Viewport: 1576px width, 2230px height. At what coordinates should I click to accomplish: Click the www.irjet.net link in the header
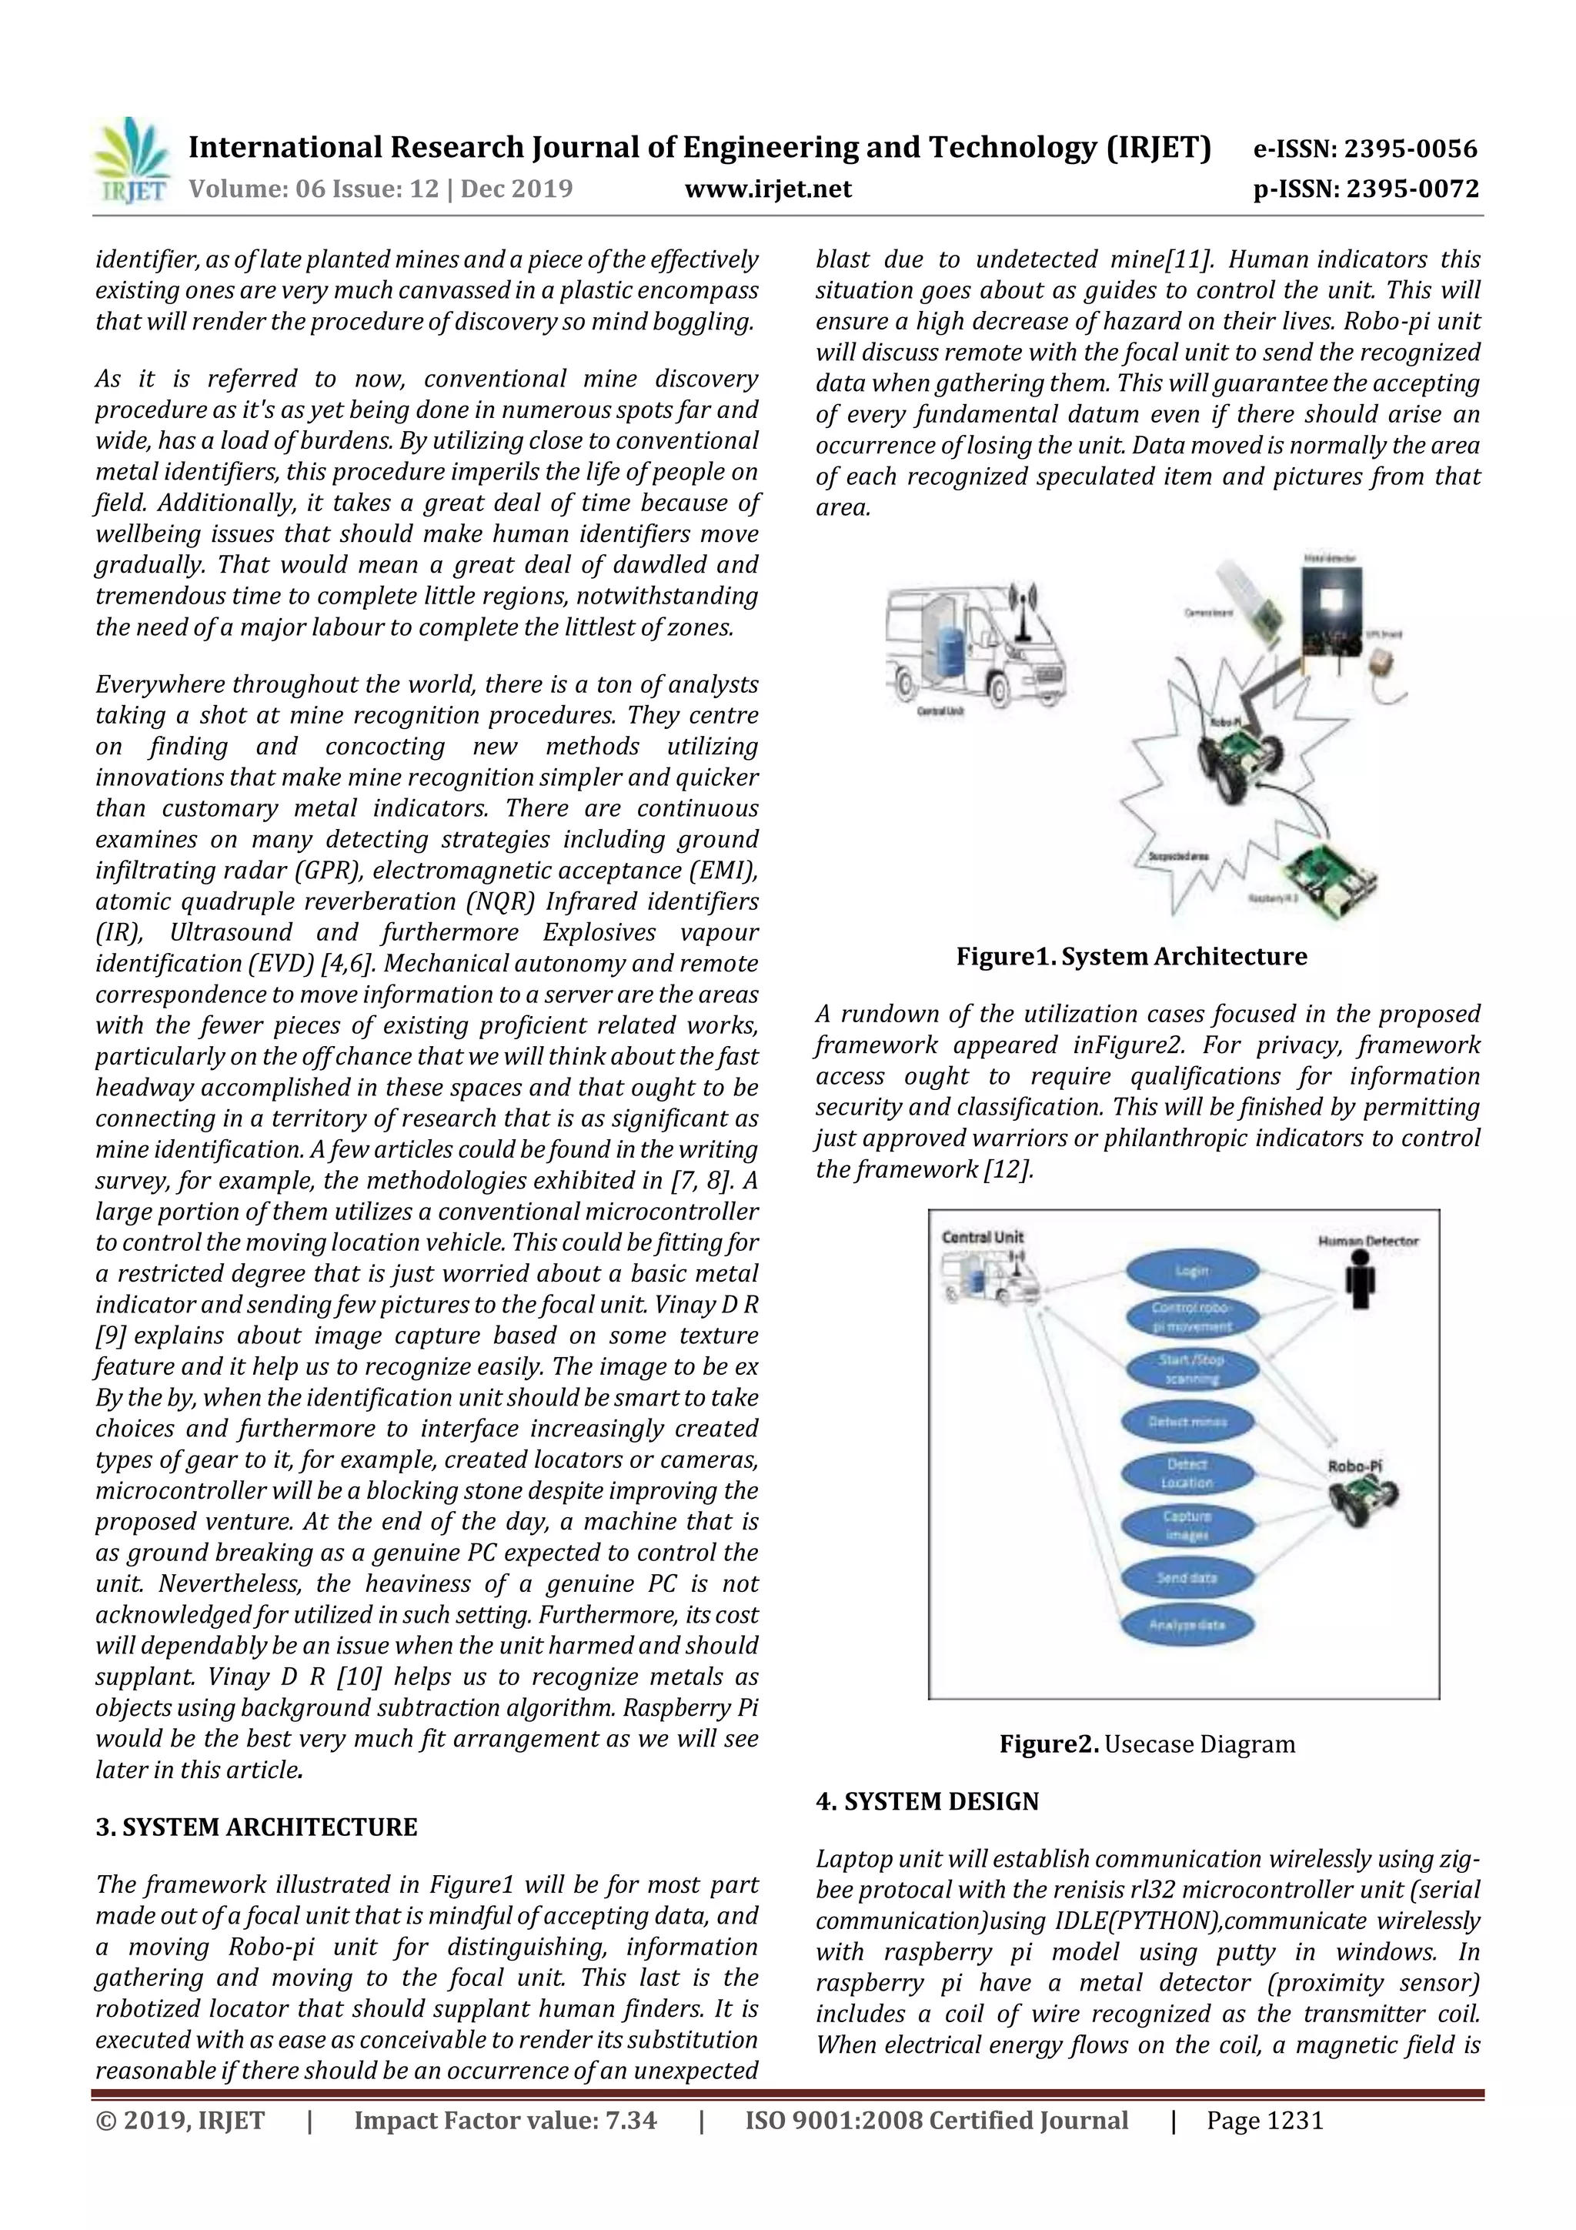click(x=767, y=189)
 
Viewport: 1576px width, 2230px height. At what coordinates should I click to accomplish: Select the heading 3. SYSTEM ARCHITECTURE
click(x=256, y=1827)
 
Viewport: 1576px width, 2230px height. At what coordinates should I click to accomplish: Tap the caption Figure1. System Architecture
click(x=1131, y=957)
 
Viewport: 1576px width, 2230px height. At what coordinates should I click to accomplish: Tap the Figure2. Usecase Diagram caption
click(x=1147, y=1744)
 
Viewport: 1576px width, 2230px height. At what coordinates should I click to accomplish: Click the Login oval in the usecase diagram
click(x=1191, y=1270)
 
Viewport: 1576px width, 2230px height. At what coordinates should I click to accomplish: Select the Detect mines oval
click(x=1187, y=1422)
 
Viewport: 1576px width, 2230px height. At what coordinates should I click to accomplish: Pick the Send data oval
click(x=1186, y=1577)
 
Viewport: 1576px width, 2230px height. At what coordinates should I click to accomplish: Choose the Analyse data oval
click(x=1186, y=1624)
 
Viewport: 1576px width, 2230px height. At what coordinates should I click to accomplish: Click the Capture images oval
click(x=1186, y=1525)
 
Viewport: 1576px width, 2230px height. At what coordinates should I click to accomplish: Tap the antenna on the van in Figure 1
click(x=1020, y=610)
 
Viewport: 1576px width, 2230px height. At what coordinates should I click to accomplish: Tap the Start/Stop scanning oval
click(x=1191, y=1369)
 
